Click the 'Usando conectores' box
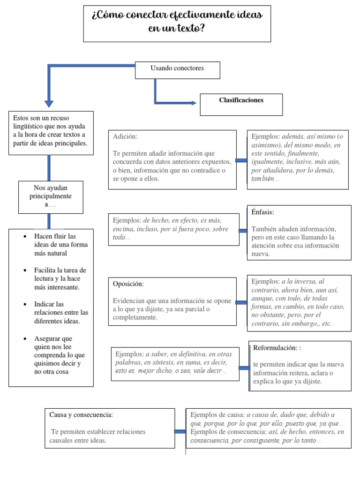(x=177, y=69)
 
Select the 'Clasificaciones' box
(x=241, y=104)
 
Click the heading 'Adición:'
(x=125, y=136)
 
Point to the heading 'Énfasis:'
(x=262, y=212)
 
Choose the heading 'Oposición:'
(x=128, y=284)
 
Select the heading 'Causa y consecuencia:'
(x=81, y=415)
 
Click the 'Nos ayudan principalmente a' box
(x=51, y=196)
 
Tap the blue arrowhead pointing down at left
(x=49, y=104)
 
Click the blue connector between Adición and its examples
(x=241, y=161)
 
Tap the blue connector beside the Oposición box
(x=242, y=302)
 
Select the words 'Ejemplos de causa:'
(x=217, y=415)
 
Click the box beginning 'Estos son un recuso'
(x=51, y=133)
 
